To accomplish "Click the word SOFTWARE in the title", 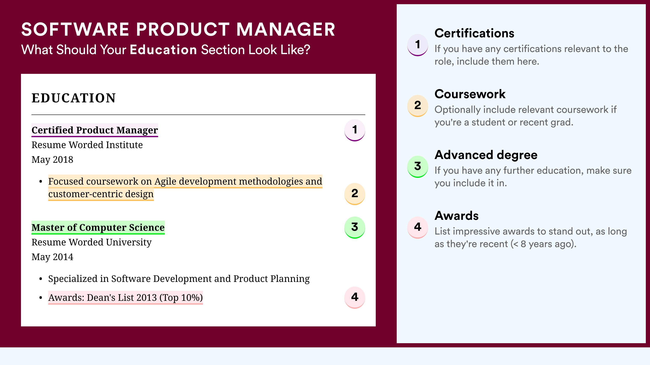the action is tap(75, 29).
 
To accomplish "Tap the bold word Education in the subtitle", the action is tap(163, 50).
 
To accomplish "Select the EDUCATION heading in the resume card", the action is tap(73, 98).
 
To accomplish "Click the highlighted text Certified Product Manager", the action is tap(95, 130).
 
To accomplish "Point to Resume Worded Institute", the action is tap(87, 145).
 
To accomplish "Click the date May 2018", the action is tap(52, 159).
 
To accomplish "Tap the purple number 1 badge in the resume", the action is tap(355, 130).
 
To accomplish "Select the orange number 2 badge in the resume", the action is tap(355, 194).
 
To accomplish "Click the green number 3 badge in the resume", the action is tap(355, 227).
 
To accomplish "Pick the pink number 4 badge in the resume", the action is tap(355, 297).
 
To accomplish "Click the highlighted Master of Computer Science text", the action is tap(98, 227).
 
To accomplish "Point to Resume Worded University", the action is tap(91, 242).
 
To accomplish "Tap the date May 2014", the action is tap(52, 257).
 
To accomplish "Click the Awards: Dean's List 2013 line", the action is tap(125, 298).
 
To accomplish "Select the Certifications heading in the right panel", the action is tap(474, 33).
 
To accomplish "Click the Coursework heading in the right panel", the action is tap(470, 94).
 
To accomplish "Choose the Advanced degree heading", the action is tap(486, 155).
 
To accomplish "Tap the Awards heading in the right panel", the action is tap(456, 216).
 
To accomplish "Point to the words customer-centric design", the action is tap(101, 194).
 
